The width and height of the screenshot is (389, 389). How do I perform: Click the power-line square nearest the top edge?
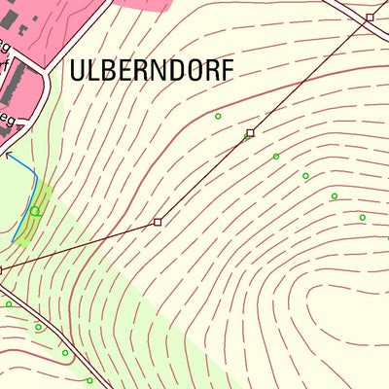tap(371, 18)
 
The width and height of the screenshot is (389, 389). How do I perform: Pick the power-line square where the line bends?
tap(158, 223)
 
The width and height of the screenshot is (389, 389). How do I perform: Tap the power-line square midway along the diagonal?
tap(250, 132)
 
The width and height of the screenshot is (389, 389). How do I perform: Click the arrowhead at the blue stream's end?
tap(8, 154)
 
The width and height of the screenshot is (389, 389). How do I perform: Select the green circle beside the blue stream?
tap(35, 210)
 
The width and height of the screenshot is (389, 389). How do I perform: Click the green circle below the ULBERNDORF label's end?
tap(218, 117)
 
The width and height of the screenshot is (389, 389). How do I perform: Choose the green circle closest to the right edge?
tap(363, 218)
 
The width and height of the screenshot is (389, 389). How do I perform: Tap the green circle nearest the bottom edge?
tap(89, 380)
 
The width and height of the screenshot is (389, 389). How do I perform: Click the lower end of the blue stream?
tap(14, 240)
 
